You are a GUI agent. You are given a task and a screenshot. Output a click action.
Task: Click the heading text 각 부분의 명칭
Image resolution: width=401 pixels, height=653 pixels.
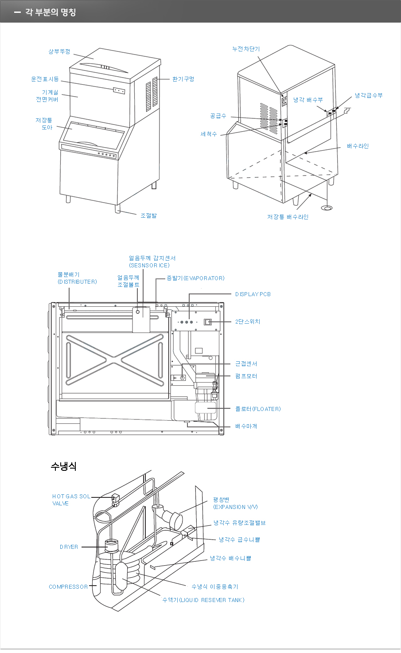51,12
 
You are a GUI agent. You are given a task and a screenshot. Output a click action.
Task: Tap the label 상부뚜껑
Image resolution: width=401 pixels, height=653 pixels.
59,51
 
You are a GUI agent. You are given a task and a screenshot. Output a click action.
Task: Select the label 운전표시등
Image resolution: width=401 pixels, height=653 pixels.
45,79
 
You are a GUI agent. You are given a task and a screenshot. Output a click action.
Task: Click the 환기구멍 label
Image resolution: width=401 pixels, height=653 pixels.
183,79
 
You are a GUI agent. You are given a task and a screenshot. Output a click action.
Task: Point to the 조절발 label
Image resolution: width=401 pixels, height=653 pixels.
148,215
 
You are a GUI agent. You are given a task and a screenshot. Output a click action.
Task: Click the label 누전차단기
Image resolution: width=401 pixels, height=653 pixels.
246,49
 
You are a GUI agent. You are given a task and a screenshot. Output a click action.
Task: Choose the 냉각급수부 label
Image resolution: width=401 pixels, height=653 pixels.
368,95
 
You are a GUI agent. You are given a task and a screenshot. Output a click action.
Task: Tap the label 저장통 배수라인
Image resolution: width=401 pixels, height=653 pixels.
288,217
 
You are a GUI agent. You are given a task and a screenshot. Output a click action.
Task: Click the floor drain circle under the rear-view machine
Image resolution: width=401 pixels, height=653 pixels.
328,207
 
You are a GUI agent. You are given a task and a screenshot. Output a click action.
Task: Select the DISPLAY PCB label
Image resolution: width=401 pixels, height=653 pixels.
253,294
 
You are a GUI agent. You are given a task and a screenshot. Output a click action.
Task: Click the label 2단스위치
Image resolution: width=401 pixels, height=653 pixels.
248,321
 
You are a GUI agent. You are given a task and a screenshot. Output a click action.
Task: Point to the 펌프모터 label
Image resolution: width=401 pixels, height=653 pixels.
246,376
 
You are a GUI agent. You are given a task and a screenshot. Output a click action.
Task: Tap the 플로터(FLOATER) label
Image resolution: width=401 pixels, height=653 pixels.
258,409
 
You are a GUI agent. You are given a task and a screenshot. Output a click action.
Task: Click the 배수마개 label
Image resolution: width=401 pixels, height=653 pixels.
246,426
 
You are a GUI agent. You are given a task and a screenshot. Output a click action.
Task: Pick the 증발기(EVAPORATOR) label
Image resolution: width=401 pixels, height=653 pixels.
195,278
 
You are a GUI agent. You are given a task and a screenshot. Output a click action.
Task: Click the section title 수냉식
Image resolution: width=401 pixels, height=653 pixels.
63,466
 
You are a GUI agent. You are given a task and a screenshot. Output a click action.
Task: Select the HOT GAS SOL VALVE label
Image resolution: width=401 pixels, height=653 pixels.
71,500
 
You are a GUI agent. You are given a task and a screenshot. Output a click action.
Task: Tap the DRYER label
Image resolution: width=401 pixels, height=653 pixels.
69,547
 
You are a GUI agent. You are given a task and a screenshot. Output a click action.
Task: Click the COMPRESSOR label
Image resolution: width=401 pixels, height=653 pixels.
68,587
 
